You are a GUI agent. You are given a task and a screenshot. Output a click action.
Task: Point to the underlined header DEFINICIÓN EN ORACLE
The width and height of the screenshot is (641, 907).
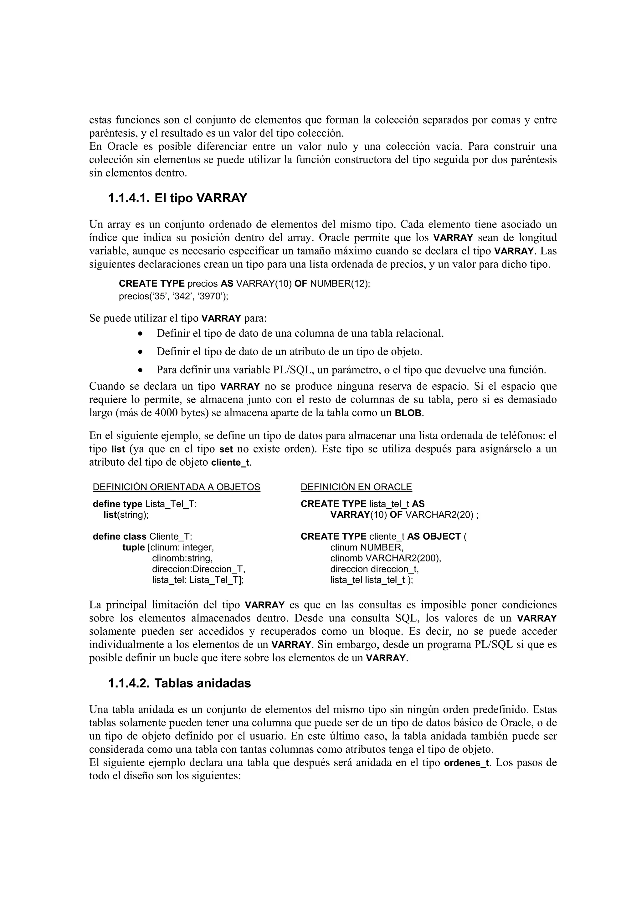point(356,487)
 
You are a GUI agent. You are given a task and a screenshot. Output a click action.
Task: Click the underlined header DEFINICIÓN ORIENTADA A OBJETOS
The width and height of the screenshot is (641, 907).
point(176,487)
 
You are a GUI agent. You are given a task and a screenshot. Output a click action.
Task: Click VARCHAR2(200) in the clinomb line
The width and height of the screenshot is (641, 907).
point(403,558)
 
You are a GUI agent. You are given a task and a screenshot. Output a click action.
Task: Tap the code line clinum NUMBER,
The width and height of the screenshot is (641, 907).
point(367,547)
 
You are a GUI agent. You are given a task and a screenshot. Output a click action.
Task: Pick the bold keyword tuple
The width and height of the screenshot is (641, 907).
point(134,547)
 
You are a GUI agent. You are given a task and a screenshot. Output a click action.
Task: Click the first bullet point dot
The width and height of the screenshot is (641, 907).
point(140,334)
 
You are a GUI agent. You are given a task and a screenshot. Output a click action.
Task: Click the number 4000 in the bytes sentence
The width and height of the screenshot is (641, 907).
point(168,413)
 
